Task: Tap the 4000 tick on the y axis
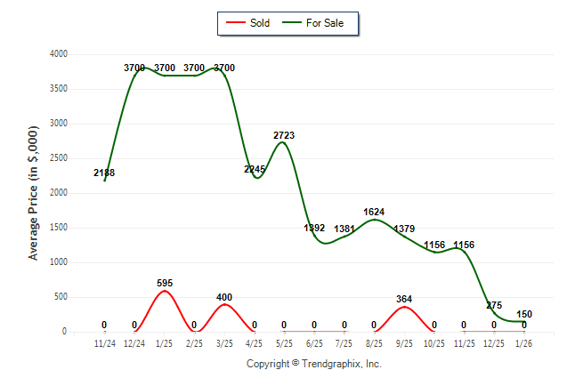coord(58,54)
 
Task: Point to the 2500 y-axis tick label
coord(58,158)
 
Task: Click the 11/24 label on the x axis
coord(104,343)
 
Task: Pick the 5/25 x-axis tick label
coord(284,343)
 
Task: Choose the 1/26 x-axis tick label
coord(523,343)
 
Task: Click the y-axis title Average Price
coord(35,193)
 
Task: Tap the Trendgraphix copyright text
coord(313,364)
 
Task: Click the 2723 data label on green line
coord(284,135)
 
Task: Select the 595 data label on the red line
coord(165,283)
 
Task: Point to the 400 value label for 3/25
coord(224,296)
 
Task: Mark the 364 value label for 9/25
coord(404,299)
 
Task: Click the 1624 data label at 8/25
coord(374,212)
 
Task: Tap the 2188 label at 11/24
coord(104,173)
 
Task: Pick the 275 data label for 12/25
coord(494,305)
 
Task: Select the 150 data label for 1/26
coord(523,314)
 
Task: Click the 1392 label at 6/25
coord(314,228)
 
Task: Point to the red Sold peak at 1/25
coord(165,291)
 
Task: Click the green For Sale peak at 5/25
coord(282,142)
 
